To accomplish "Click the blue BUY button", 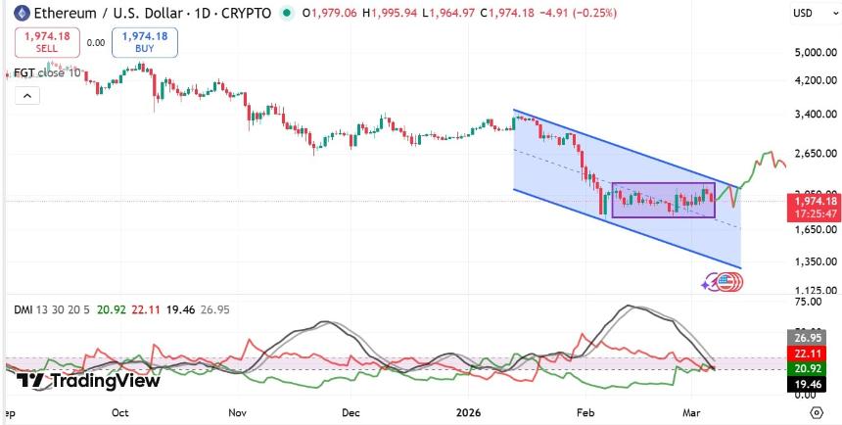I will click(140, 42).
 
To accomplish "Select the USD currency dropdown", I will click(803, 13).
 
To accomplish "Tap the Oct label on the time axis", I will click(120, 413).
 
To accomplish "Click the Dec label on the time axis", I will click(351, 413).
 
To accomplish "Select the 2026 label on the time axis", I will click(469, 413).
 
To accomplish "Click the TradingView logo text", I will click(89, 381).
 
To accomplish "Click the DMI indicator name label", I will click(23, 309).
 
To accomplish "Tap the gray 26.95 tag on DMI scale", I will click(801, 338).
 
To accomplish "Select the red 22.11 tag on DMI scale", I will click(801, 353).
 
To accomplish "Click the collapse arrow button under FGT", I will click(26, 95).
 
